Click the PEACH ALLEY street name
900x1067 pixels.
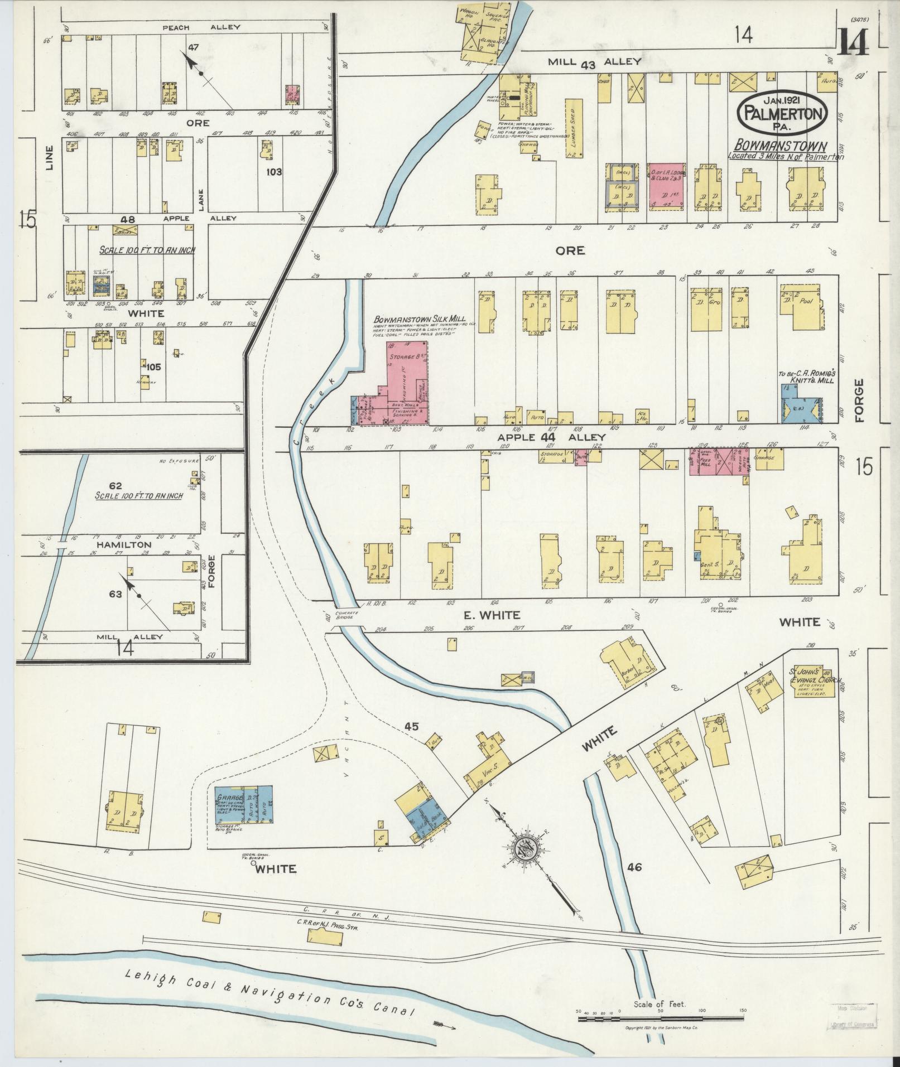(x=201, y=27)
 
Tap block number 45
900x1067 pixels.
(x=412, y=726)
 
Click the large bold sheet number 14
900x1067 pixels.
(x=852, y=42)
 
